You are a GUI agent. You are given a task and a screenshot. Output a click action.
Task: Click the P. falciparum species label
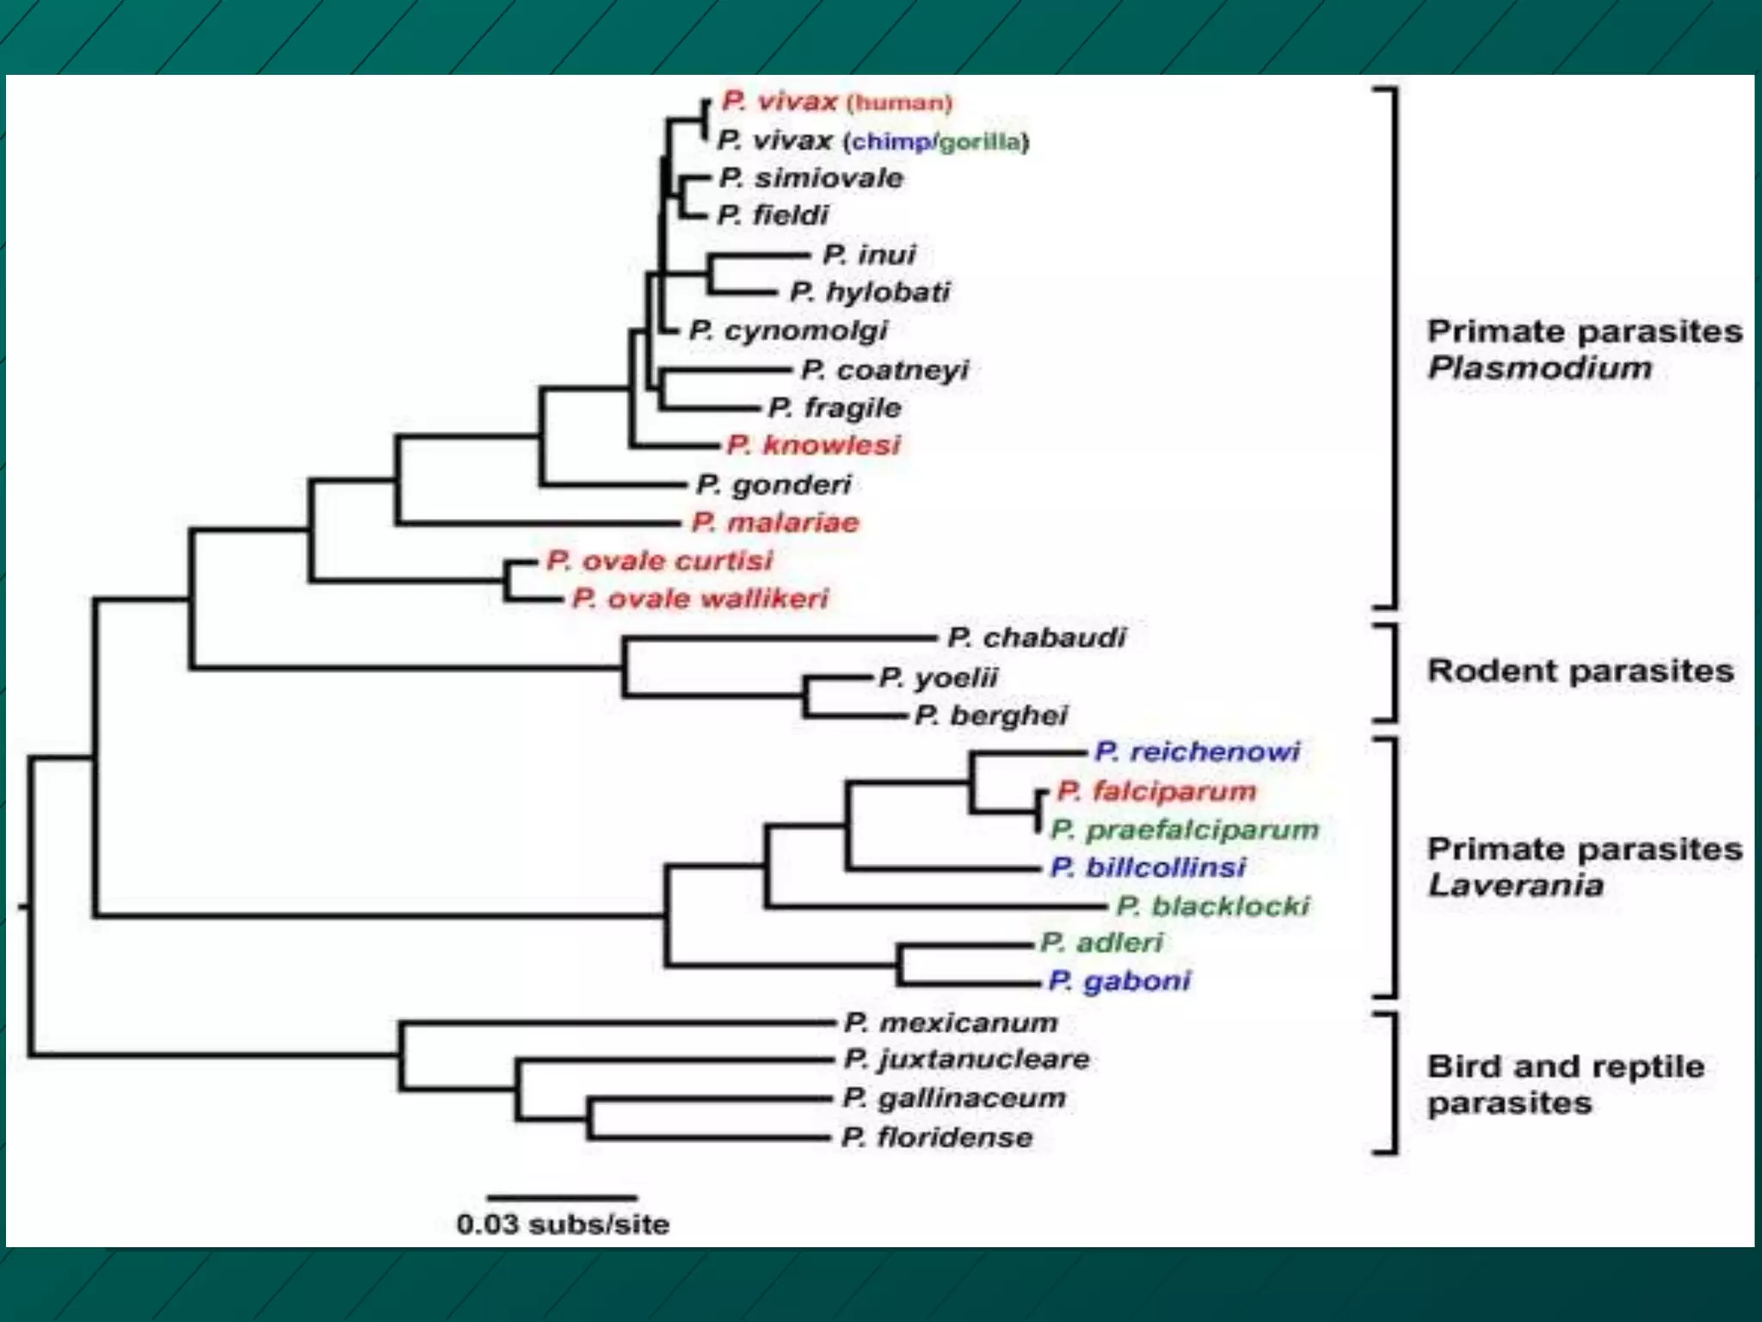click(1156, 791)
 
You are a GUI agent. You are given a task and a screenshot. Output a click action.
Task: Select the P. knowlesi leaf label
click(813, 445)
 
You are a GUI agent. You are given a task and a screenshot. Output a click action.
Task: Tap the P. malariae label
click(775, 522)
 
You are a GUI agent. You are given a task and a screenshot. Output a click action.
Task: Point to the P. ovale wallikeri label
click(700, 598)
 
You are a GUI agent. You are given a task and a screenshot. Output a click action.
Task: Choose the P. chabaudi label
click(1037, 638)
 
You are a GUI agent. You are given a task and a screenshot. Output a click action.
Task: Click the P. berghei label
click(991, 715)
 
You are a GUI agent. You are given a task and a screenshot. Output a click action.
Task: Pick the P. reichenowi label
click(1197, 752)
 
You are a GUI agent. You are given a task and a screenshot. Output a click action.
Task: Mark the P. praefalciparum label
click(1185, 830)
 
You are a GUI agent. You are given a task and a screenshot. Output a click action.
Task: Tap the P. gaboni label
click(1119, 981)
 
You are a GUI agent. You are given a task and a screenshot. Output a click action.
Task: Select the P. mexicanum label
click(951, 1022)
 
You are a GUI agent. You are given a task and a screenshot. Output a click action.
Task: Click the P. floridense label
click(937, 1138)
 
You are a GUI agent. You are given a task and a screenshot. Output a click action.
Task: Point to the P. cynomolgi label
click(788, 330)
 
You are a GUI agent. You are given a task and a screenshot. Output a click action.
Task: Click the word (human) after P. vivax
click(899, 103)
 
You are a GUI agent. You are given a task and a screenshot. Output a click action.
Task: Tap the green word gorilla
click(981, 142)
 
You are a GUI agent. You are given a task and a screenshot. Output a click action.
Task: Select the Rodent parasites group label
click(1580, 671)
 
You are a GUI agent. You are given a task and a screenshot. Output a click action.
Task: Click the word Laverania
click(1515, 886)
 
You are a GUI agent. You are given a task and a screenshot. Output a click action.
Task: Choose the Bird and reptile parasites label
click(1565, 1084)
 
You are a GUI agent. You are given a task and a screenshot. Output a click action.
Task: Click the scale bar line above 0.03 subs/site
click(562, 1197)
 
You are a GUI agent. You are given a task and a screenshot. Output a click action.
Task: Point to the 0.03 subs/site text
click(563, 1224)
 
